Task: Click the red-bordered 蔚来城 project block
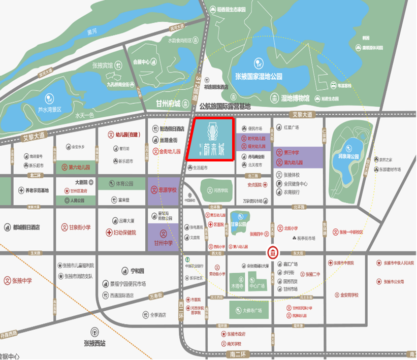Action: point(210,139)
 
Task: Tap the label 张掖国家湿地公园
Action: point(259,76)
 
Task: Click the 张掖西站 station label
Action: point(94,343)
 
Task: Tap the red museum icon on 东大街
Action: point(273,253)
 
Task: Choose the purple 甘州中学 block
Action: point(164,238)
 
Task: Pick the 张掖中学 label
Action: point(21,280)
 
